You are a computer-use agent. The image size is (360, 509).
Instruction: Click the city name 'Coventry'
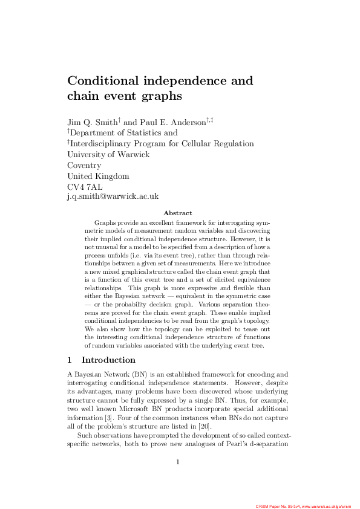click(x=84, y=165)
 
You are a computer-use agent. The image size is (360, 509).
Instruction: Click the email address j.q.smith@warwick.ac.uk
click(x=113, y=196)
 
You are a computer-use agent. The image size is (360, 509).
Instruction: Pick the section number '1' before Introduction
click(x=70, y=360)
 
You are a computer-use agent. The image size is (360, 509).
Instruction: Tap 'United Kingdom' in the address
click(x=98, y=176)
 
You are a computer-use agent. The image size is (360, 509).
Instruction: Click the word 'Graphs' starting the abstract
click(x=106, y=223)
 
